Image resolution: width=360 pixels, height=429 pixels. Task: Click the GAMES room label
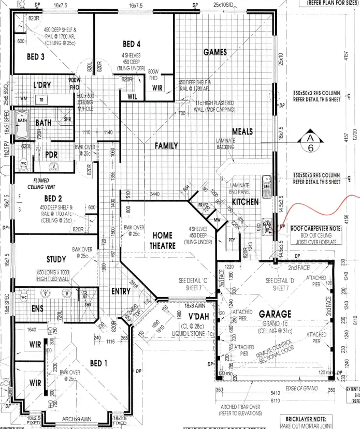point(215,52)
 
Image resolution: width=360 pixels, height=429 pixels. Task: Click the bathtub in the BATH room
point(22,125)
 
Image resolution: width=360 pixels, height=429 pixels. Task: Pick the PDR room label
point(51,154)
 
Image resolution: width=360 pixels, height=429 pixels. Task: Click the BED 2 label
point(53,198)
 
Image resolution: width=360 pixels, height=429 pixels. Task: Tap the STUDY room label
point(56,259)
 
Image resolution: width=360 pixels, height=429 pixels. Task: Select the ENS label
point(37,309)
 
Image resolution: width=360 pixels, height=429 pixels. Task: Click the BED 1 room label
point(98,364)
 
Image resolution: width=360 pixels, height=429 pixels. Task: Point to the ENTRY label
point(121,291)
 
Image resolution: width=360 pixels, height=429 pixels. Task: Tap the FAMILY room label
point(166,146)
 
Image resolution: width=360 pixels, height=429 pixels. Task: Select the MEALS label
point(242,132)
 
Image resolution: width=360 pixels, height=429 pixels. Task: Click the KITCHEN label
point(245,201)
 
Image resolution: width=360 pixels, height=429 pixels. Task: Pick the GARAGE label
point(275,314)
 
